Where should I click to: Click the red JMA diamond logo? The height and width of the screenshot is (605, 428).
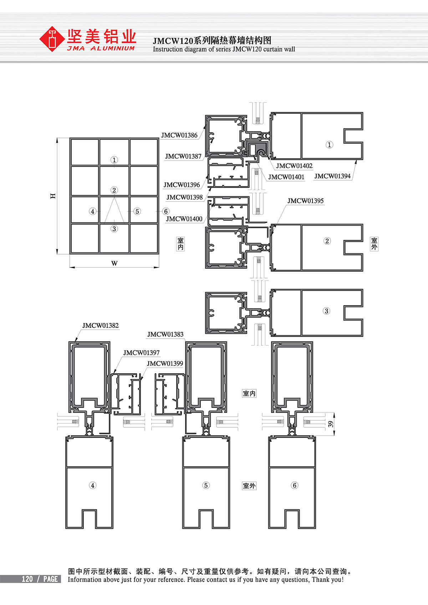click(52, 39)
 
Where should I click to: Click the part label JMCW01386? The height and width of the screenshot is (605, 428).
click(179, 135)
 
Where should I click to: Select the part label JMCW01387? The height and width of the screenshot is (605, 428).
click(183, 157)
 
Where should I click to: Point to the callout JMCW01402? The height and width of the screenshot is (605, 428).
click(294, 166)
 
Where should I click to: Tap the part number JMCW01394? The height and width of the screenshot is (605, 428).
click(332, 176)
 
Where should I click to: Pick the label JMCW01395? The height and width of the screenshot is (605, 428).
click(305, 201)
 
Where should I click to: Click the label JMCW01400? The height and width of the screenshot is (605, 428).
click(184, 219)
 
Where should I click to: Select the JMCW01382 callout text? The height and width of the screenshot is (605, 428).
click(101, 325)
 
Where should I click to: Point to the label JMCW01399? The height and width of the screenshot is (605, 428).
click(165, 364)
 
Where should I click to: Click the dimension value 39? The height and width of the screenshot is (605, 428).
click(331, 424)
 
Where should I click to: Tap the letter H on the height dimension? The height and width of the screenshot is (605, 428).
click(53, 196)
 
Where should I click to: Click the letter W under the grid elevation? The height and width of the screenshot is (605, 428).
click(114, 263)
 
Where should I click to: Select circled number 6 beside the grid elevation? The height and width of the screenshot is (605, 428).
click(166, 211)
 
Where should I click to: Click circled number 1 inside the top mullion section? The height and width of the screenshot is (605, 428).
click(329, 145)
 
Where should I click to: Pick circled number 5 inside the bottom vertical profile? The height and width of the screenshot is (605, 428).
click(206, 485)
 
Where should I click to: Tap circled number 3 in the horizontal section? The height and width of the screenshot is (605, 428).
click(326, 311)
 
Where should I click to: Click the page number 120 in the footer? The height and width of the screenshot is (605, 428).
click(27, 579)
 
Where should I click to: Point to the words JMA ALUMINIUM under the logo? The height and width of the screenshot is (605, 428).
click(101, 48)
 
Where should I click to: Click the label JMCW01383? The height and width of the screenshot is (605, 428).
click(165, 334)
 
